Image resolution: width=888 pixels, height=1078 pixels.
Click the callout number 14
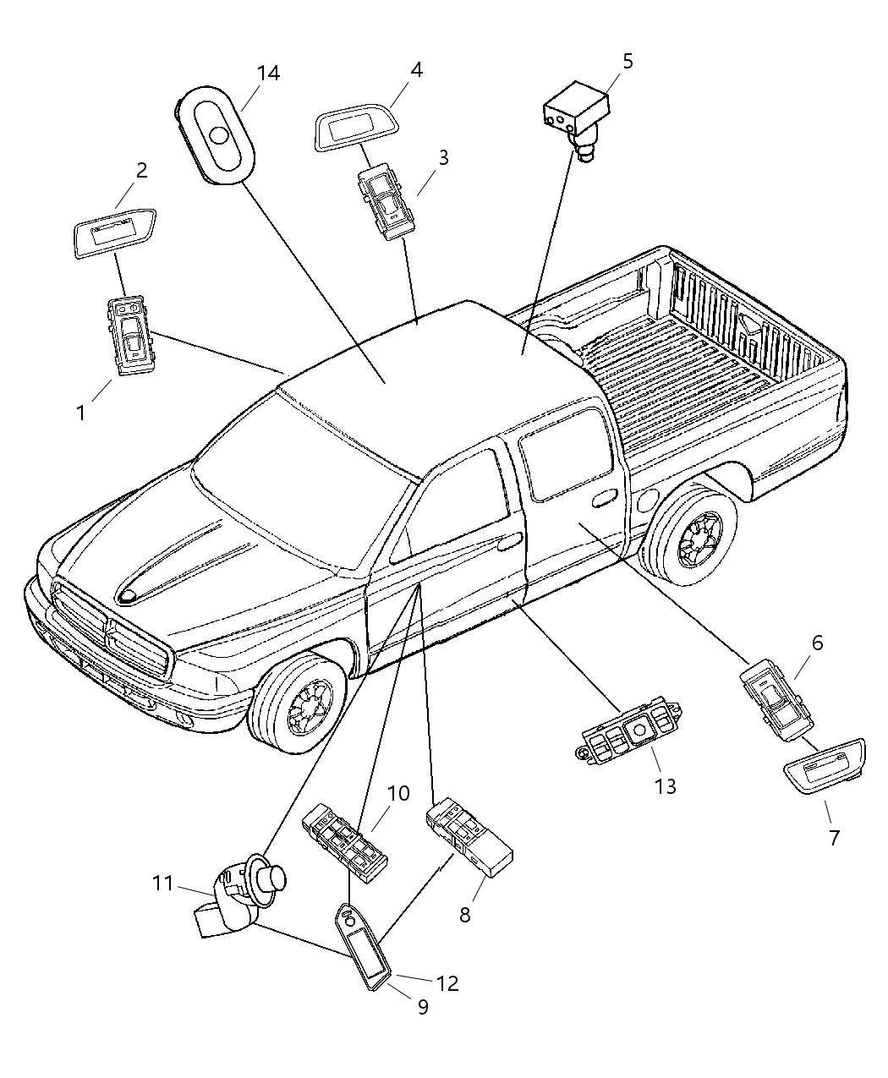click(268, 74)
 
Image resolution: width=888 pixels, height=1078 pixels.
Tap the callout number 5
click(627, 61)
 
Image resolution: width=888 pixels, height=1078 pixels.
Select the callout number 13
click(665, 786)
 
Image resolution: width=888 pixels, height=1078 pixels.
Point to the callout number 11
click(162, 884)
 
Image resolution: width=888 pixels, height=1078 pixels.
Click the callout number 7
click(834, 838)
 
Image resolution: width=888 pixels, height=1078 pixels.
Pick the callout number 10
click(398, 793)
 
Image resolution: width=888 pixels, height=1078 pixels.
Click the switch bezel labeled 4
click(358, 132)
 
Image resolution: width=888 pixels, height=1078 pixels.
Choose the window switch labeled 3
click(386, 203)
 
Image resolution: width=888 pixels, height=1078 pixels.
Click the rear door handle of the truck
click(604, 501)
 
